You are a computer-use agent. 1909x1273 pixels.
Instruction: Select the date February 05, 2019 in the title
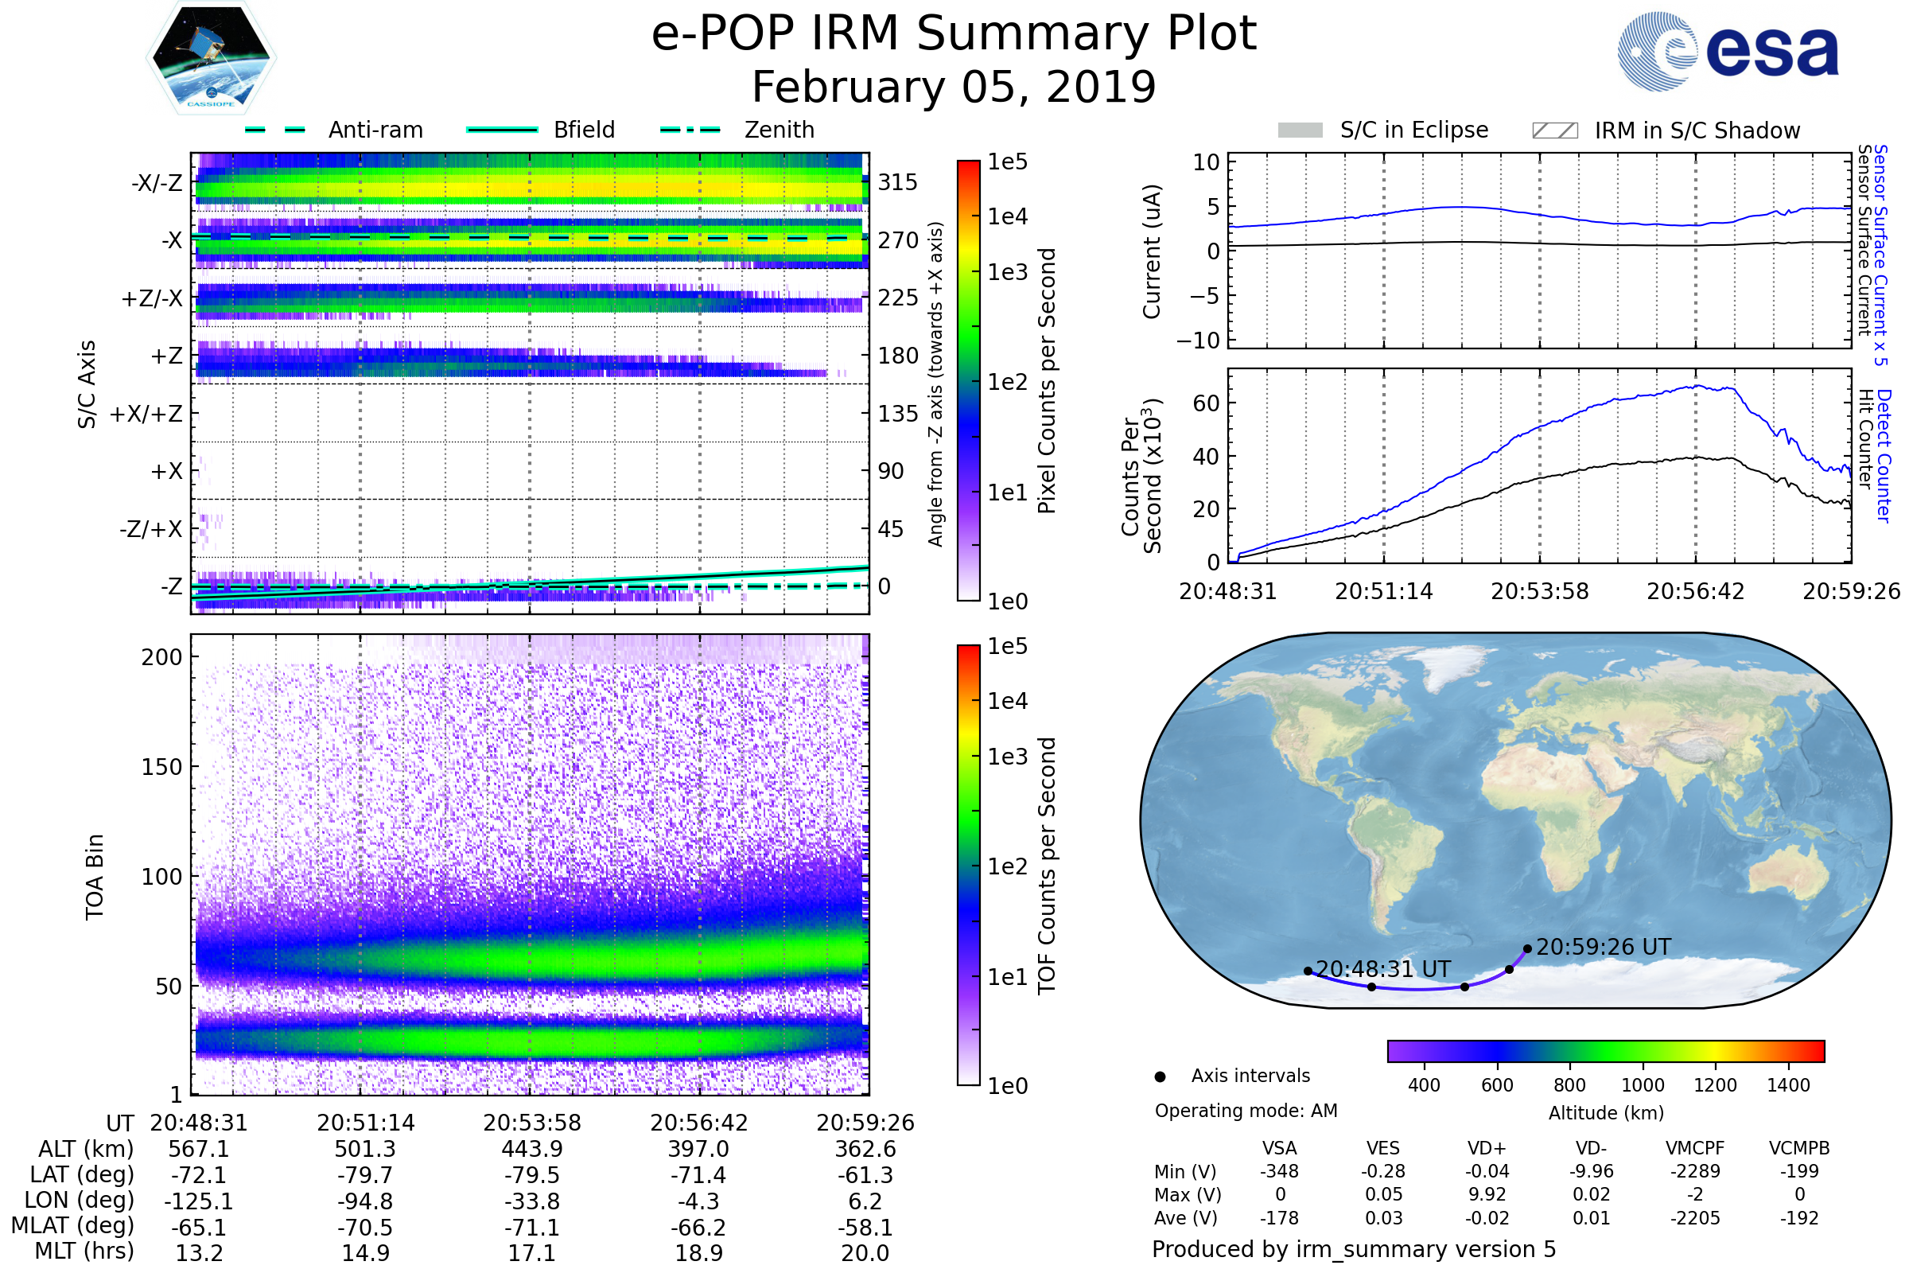(x=954, y=87)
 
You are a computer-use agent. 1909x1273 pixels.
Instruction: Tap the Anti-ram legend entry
(x=375, y=130)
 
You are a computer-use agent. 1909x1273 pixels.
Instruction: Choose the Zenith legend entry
(x=779, y=130)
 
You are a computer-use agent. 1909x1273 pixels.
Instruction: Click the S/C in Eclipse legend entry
(x=1413, y=130)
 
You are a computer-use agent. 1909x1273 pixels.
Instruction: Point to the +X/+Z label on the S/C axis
(x=146, y=414)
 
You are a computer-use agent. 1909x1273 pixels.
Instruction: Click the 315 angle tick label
(x=897, y=182)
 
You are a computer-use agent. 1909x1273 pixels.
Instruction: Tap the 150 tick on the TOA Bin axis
(x=161, y=767)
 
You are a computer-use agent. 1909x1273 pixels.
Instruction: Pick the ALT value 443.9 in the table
(x=531, y=1149)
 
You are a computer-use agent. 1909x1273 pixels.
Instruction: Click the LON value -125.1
(x=199, y=1201)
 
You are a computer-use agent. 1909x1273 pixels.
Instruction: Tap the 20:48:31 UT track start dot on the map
(x=1308, y=971)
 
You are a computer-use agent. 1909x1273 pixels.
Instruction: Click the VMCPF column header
(x=1695, y=1148)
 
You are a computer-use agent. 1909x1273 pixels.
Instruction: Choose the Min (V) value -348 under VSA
(x=1279, y=1171)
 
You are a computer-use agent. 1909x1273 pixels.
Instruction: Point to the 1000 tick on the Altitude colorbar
(x=1643, y=1085)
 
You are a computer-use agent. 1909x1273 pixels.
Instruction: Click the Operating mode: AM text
(x=1246, y=1111)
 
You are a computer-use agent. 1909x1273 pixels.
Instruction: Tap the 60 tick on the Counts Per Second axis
(x=1206, y=403)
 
